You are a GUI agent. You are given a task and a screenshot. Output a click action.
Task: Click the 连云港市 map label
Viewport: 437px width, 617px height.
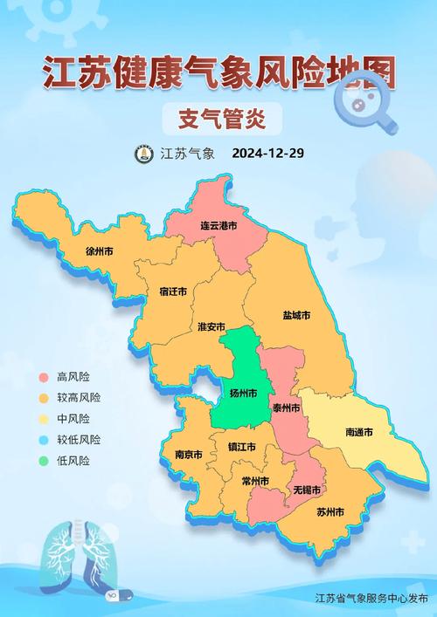tap(218, 226)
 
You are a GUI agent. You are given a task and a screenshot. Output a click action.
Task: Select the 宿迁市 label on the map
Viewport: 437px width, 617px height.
tap(173, 291)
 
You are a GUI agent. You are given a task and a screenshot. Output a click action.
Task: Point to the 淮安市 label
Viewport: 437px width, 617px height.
tap(212, 326)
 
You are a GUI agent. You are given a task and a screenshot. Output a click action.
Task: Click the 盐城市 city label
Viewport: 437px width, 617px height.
tap(296, 315)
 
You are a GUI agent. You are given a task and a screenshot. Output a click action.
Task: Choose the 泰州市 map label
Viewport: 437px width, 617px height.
tap(286, 408)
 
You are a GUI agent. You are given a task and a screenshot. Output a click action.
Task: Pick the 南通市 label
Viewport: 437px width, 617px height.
tap(359, 432)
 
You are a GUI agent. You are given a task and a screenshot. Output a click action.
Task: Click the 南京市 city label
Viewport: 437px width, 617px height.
tap(188, 455)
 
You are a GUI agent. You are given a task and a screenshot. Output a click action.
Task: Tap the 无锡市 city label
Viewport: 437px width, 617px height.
tap(307, 490)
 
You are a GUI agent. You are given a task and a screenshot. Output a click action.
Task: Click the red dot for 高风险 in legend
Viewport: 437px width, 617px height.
tap(43, 377)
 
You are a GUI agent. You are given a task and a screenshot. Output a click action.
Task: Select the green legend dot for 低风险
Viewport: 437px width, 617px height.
tap(43, 461)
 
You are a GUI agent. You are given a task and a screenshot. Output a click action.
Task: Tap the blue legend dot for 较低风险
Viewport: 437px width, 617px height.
tap(43, 440)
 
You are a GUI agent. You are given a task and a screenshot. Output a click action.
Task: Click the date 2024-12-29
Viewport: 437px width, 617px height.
tap(267, 154)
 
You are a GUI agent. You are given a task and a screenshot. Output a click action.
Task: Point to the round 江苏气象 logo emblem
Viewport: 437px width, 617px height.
tap(143, 154)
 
